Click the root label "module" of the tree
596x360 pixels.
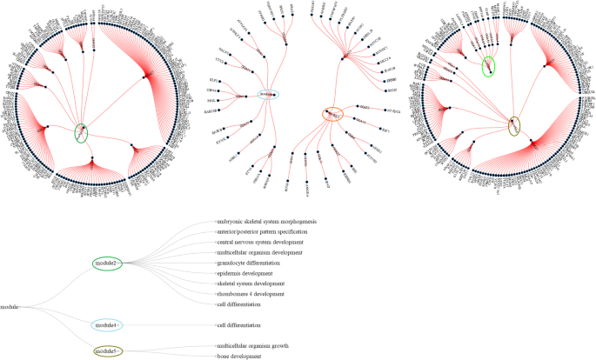(x=10, y=307)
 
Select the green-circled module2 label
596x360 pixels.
(x=109, y=263)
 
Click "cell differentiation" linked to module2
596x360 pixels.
(x=239, y=304)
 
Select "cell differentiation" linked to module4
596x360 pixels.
(x=239, y=325)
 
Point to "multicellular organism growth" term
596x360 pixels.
(x=253, y=346)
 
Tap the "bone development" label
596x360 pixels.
(x=238, y=357)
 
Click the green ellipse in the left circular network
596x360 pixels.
(x=82, y=133)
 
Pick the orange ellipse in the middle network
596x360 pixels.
(x=332, y=112)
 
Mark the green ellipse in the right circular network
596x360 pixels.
(x=490, y=65)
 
